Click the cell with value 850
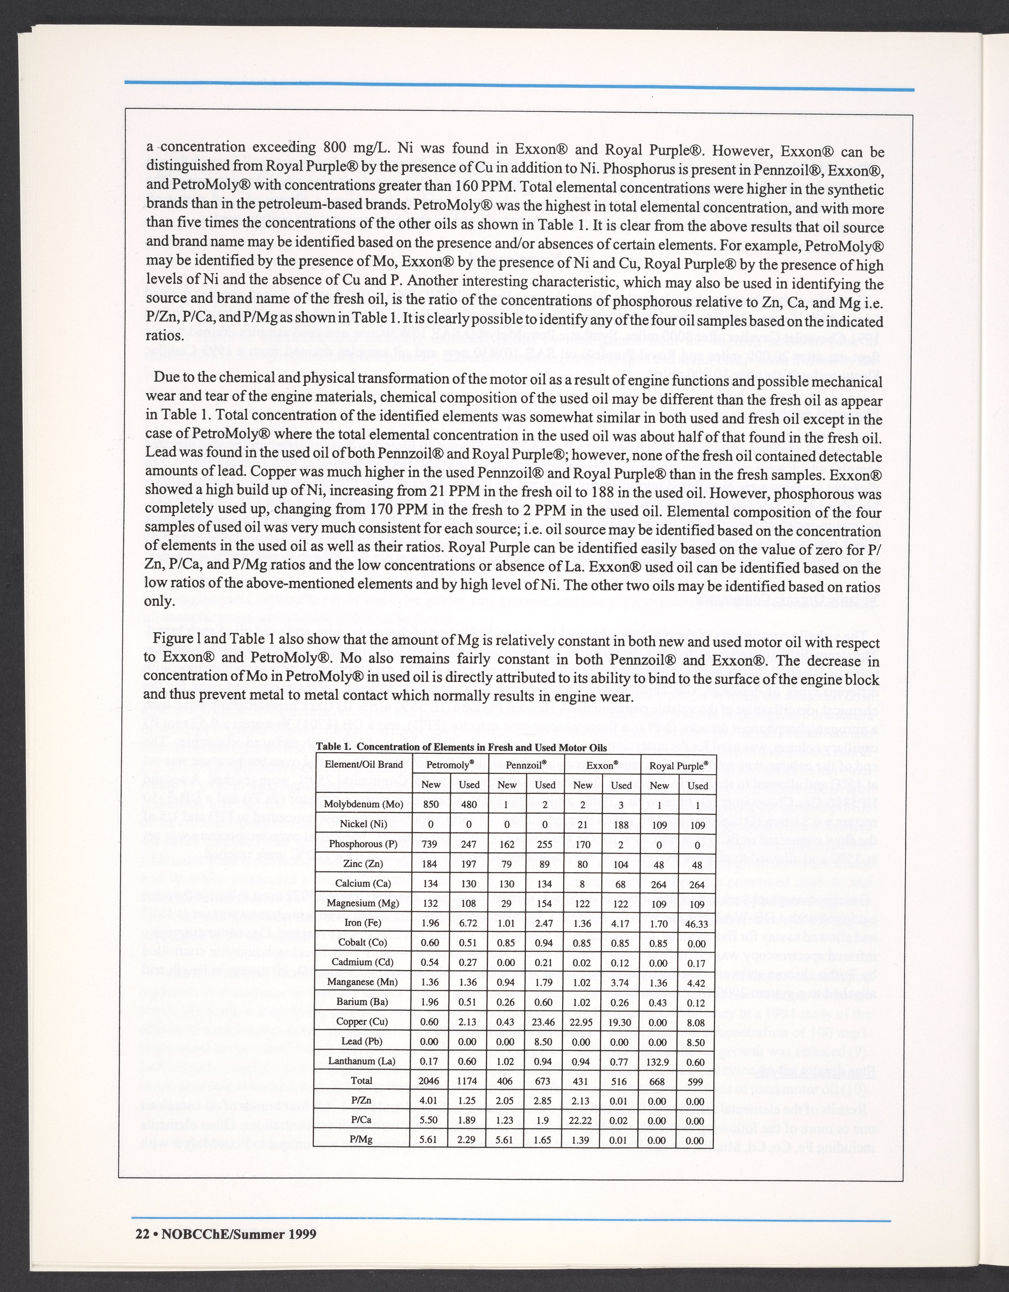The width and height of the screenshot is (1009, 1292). coord(429,805)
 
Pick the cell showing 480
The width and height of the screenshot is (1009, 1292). coord(467,805)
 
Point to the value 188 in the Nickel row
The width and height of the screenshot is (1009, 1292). coord(621,825)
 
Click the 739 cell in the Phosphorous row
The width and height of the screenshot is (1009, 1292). coord(429,844)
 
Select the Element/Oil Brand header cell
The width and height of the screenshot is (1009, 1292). coord(363,764)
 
